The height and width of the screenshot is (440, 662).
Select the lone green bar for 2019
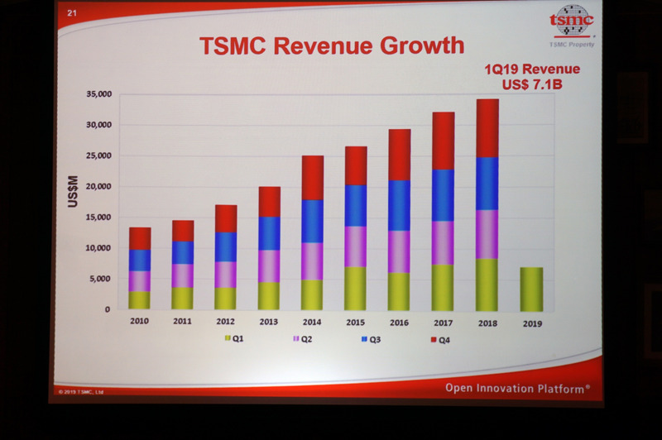[x=530, y=289]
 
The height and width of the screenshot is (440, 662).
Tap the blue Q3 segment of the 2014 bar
[x=312, y=221]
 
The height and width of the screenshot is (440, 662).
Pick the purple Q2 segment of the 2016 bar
[x=400, y=251]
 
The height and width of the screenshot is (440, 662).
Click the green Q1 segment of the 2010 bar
[x=140, y=299]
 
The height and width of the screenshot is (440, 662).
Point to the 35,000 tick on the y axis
[x=97, y=94]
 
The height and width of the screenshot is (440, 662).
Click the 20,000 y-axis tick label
[x=97, y=187]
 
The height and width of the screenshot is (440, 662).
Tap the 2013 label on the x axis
[x=270, y=322]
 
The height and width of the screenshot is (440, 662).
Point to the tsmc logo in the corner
[x=572, y=21]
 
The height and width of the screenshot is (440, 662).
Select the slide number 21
[x=71, y=12]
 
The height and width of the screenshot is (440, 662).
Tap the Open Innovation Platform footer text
[x=517, y=386]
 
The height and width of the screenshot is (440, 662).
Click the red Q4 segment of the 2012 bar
[x=225, y=218]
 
